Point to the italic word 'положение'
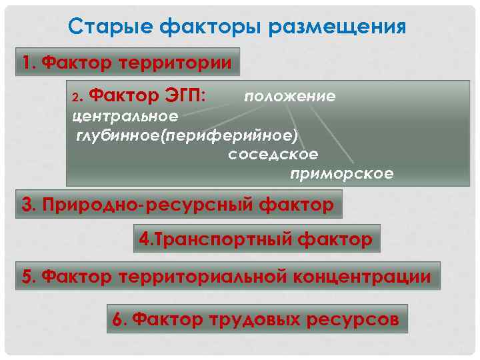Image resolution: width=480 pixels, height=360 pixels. point(289,97)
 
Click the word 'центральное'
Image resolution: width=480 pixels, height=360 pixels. point(125,116)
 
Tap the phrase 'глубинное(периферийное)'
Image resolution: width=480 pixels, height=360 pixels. point(186,135)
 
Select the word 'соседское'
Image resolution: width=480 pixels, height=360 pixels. point(273,154)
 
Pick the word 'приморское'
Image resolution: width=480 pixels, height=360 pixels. point(342,174)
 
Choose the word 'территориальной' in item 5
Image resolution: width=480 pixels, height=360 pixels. point(200,276)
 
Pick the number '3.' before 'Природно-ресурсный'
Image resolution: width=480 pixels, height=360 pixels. point(29,205)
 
